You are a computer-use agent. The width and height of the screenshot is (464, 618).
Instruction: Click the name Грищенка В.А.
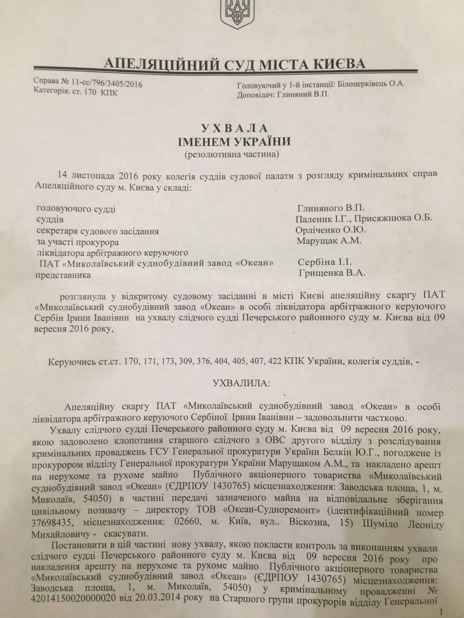pyautogui.click(x=332, y=273)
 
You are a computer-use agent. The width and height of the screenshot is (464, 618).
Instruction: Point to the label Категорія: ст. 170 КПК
pyautogui.click(x=76, y=92)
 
